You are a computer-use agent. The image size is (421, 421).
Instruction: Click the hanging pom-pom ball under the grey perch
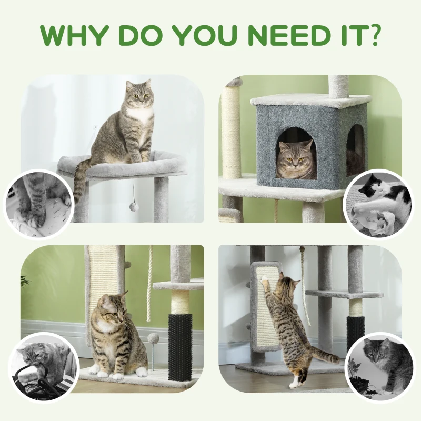pos(134,207)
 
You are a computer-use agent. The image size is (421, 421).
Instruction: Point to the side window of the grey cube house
pos(355,147)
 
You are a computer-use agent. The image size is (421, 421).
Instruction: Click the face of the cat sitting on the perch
pos(139,94)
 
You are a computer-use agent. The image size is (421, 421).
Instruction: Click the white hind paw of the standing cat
pos(293,383)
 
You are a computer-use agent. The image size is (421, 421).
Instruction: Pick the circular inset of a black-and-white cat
pos(378,203)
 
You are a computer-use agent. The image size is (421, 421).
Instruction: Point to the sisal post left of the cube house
pos(231,132)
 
